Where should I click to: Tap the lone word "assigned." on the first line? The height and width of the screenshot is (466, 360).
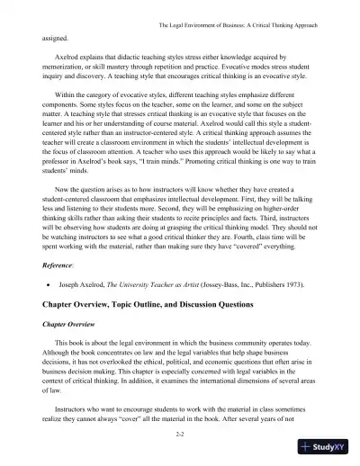(55, 40)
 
